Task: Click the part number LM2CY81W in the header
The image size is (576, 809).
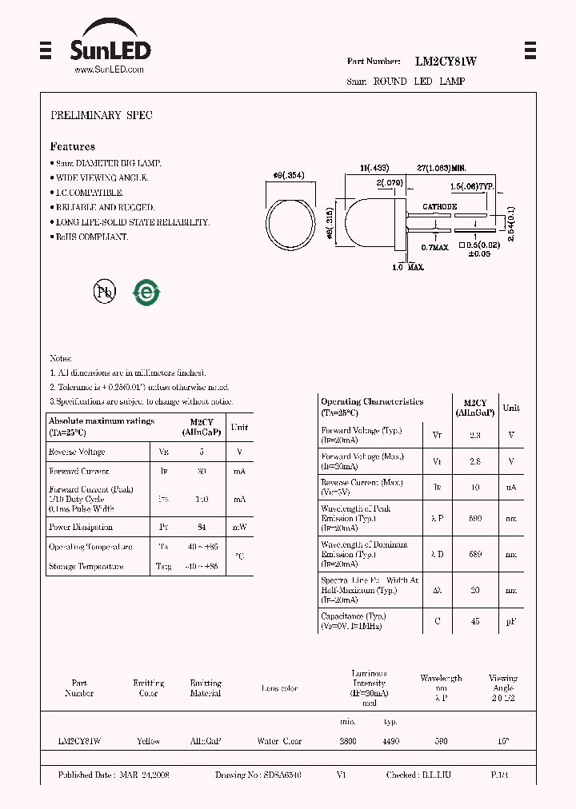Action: click(x=446, y=62)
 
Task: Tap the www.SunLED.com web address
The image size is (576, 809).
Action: click(x=109, y=70)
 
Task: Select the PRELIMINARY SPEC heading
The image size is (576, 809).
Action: click(x=102, y=116)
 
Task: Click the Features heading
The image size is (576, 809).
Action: click(x=73, y=147)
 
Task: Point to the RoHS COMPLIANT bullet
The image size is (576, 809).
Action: click(x=90, y=237)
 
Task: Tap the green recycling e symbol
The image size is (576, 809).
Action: click(x=146, y=293)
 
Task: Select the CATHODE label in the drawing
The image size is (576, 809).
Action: click(x=439, y=206)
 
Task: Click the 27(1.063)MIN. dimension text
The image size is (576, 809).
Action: click(x=442, y=169)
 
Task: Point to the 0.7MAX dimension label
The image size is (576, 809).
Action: click(x=435, y=247)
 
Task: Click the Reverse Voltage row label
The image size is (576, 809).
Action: click(x=77, y=452)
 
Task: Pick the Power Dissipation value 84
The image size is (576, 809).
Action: click(x=202, y=528)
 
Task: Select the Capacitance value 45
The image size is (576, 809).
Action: click(x=475, y=621)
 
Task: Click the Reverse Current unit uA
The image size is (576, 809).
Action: click(x=510, y=487)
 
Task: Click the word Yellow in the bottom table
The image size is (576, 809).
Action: click(x=148, y=741)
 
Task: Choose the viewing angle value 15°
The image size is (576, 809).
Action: click(x=502, y=741)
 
